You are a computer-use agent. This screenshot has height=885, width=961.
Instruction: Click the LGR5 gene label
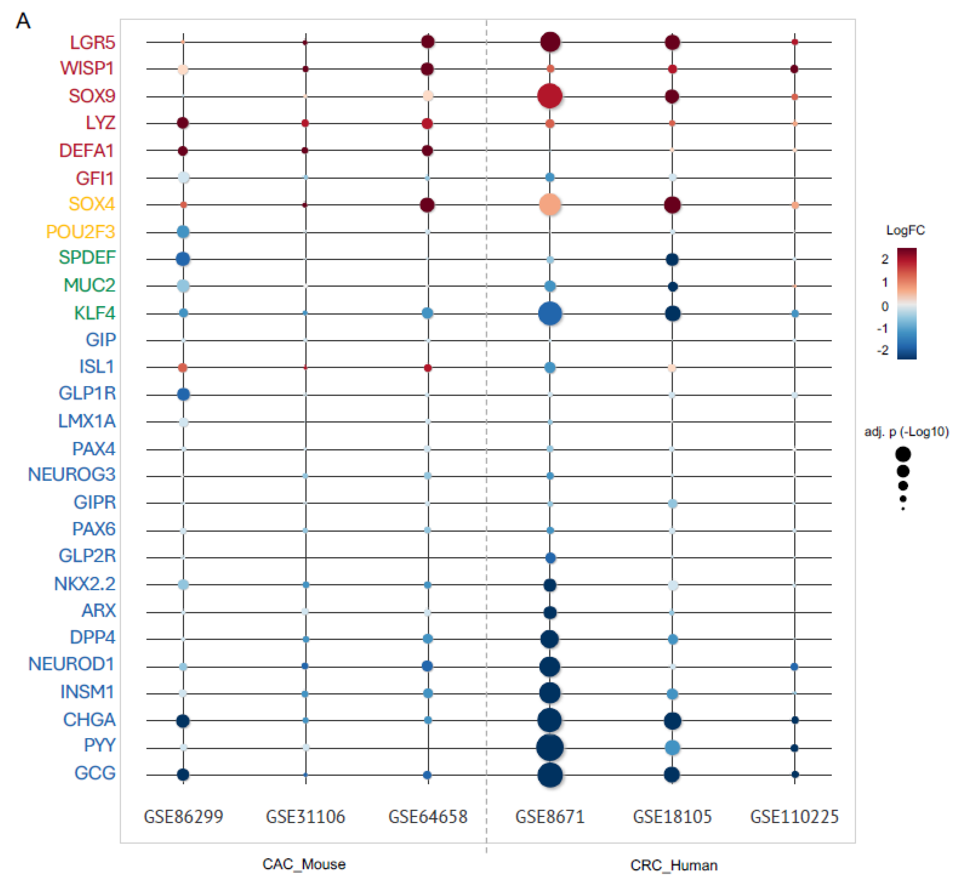coord(92,43)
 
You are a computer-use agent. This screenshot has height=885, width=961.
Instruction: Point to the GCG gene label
coord(95,773)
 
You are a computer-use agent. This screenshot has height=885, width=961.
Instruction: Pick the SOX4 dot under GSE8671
coord(550,205)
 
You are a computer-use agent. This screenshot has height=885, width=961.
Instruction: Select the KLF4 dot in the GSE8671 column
coord(550,314)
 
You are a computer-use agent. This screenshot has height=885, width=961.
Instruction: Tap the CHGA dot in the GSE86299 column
coord(183,720)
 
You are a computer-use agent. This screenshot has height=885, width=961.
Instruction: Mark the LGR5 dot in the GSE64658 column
coord(428,42)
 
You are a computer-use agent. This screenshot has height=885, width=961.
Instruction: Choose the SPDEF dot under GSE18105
coord(672,259)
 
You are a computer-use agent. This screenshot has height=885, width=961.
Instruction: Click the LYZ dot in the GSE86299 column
coord(182,123)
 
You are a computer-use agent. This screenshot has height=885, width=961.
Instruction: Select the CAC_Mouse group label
coord(304,864)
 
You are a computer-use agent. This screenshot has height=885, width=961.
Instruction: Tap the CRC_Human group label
coord(674,865)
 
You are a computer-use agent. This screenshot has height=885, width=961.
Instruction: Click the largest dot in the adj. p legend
coord(903,454)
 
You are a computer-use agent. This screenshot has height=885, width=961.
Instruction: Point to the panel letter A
coord(23,21)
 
